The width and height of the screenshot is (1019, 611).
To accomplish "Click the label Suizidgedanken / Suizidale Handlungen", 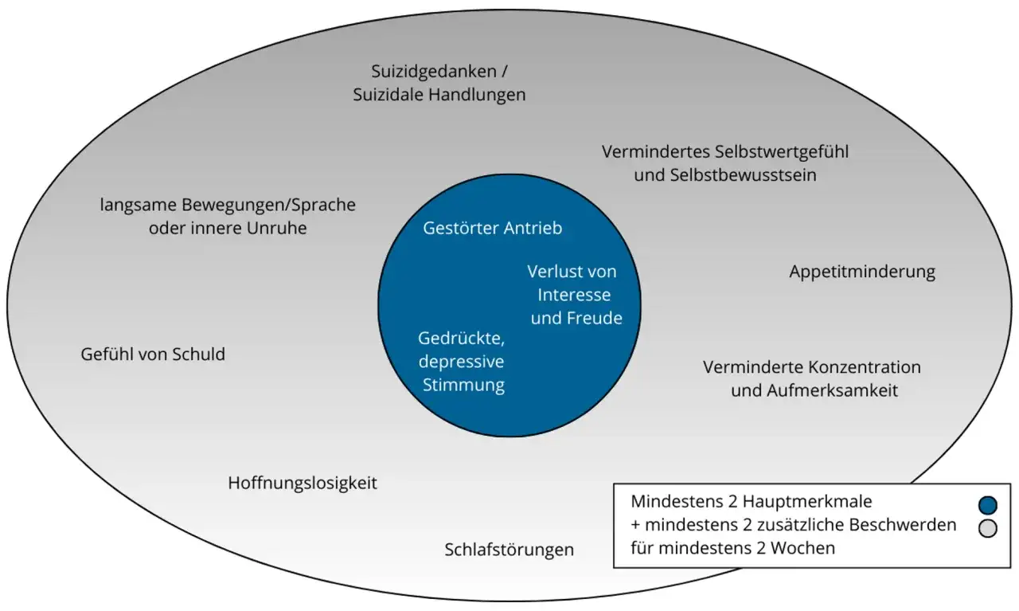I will click(x=439, y=83).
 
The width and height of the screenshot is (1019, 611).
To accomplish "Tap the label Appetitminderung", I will click(x=862, y=272).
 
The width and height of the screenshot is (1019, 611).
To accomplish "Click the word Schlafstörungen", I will click(x=509, y=550).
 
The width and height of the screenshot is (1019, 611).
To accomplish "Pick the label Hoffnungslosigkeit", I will click(x=303, y=483).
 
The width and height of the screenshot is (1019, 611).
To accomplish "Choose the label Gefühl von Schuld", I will click(x=153, y=354).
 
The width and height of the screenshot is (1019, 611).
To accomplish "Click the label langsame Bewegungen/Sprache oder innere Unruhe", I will click(x=228, y=216).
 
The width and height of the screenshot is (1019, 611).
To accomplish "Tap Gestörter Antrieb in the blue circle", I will click(x=492, y=228).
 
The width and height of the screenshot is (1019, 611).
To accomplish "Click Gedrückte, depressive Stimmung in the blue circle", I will click(x=462, y=362).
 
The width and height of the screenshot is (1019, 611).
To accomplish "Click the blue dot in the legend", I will click(x=988, y=505).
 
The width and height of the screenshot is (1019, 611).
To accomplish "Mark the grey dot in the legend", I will click(x=988, y=527).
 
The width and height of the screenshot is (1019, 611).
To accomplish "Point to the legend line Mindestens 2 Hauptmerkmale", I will click(x=752, y=502).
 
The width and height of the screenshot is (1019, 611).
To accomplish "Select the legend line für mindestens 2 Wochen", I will click(x=732, y=548).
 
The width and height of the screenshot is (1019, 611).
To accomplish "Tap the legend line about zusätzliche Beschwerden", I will click(x=793, y=525).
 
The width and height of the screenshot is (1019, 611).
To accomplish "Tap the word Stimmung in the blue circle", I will click(x=463, y=386).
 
